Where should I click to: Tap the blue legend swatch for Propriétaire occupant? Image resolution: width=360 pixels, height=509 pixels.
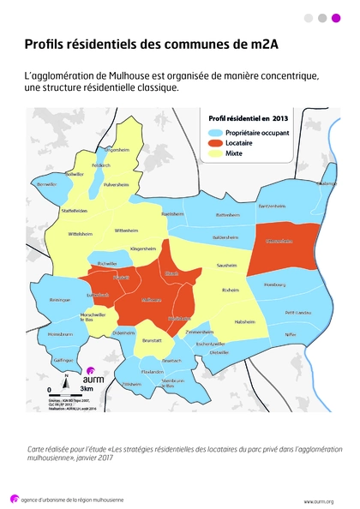pos(214,133)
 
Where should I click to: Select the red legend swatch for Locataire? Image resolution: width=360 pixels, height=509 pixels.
pos(214,144)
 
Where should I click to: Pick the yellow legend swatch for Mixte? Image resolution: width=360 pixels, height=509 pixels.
pos(214,155)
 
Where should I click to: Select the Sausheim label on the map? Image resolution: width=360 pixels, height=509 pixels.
pos(226,266)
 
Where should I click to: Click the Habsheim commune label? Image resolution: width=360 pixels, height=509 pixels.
pos(245,321)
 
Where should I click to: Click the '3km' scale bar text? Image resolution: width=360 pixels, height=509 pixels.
pos(87,388)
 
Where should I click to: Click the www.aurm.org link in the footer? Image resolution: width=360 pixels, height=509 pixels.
pos(319,500)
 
